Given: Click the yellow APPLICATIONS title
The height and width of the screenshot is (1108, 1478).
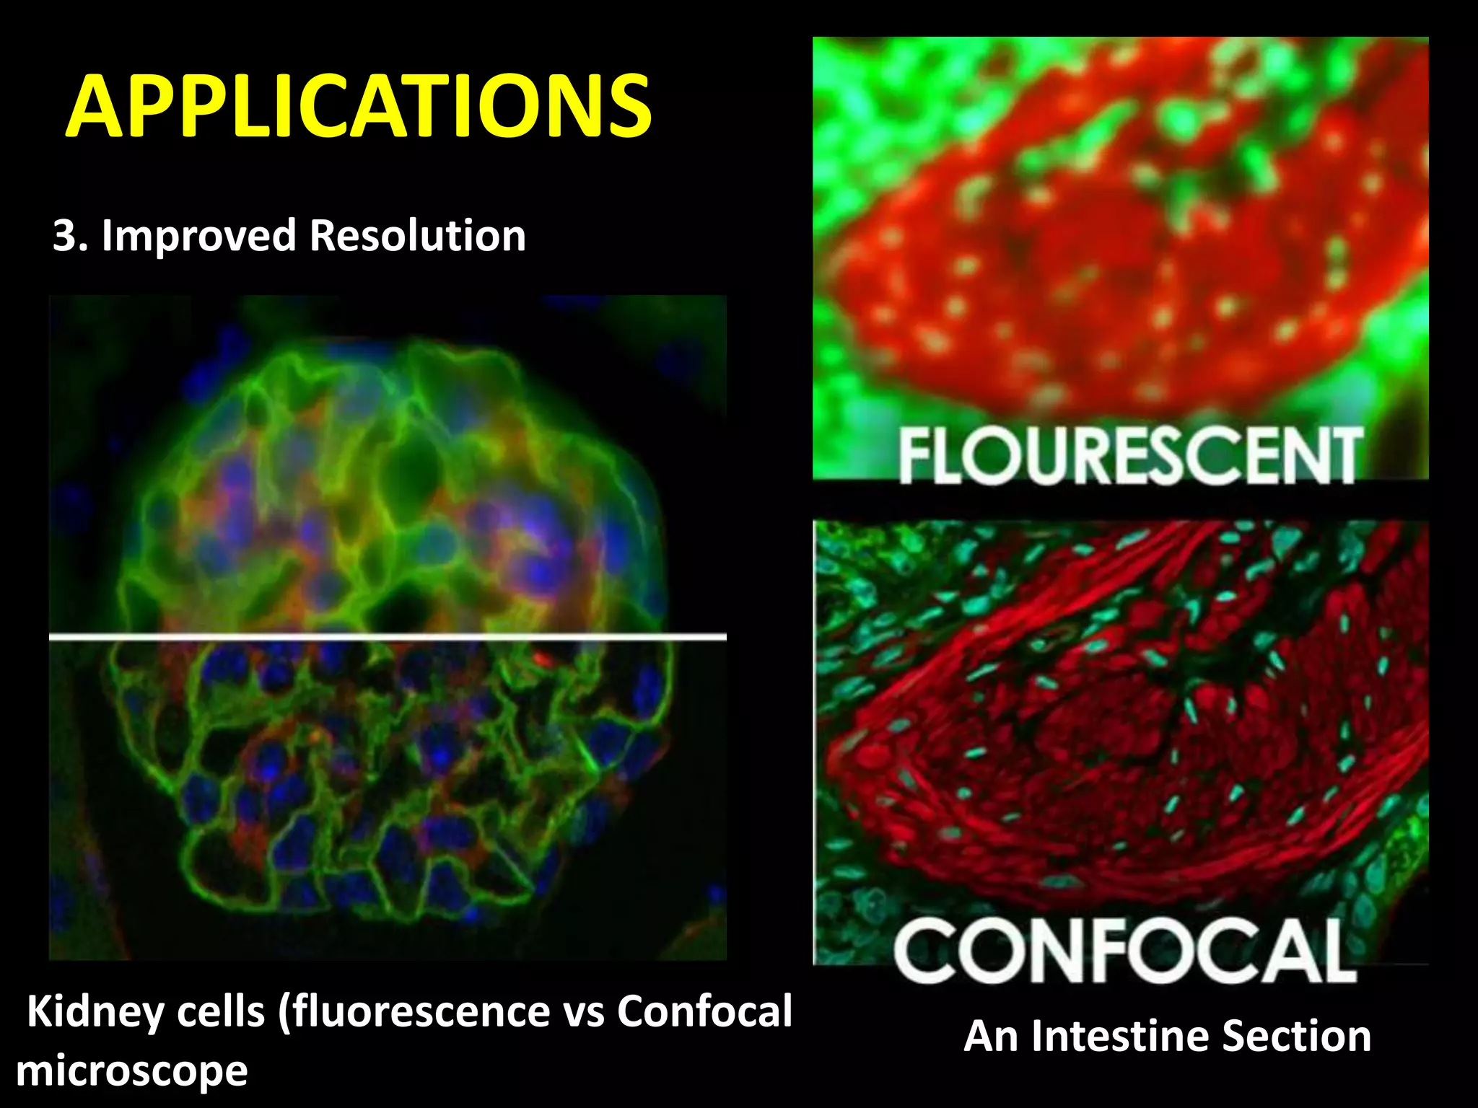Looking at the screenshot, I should coord(359,107).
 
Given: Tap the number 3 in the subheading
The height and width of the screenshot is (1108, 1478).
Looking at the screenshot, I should coord(65,236).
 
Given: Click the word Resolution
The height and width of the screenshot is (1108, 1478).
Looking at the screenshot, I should coord(418,236).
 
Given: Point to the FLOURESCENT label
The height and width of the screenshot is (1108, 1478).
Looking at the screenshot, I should coord(1130,455).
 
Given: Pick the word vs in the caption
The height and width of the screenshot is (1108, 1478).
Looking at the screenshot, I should coord(584,1012).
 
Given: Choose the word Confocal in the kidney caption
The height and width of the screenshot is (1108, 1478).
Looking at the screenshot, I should coord(704,1012).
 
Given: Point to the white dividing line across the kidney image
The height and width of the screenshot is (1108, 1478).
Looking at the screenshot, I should coord(388,637).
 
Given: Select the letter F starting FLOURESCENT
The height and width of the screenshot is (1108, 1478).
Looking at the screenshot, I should coord(916,455).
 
